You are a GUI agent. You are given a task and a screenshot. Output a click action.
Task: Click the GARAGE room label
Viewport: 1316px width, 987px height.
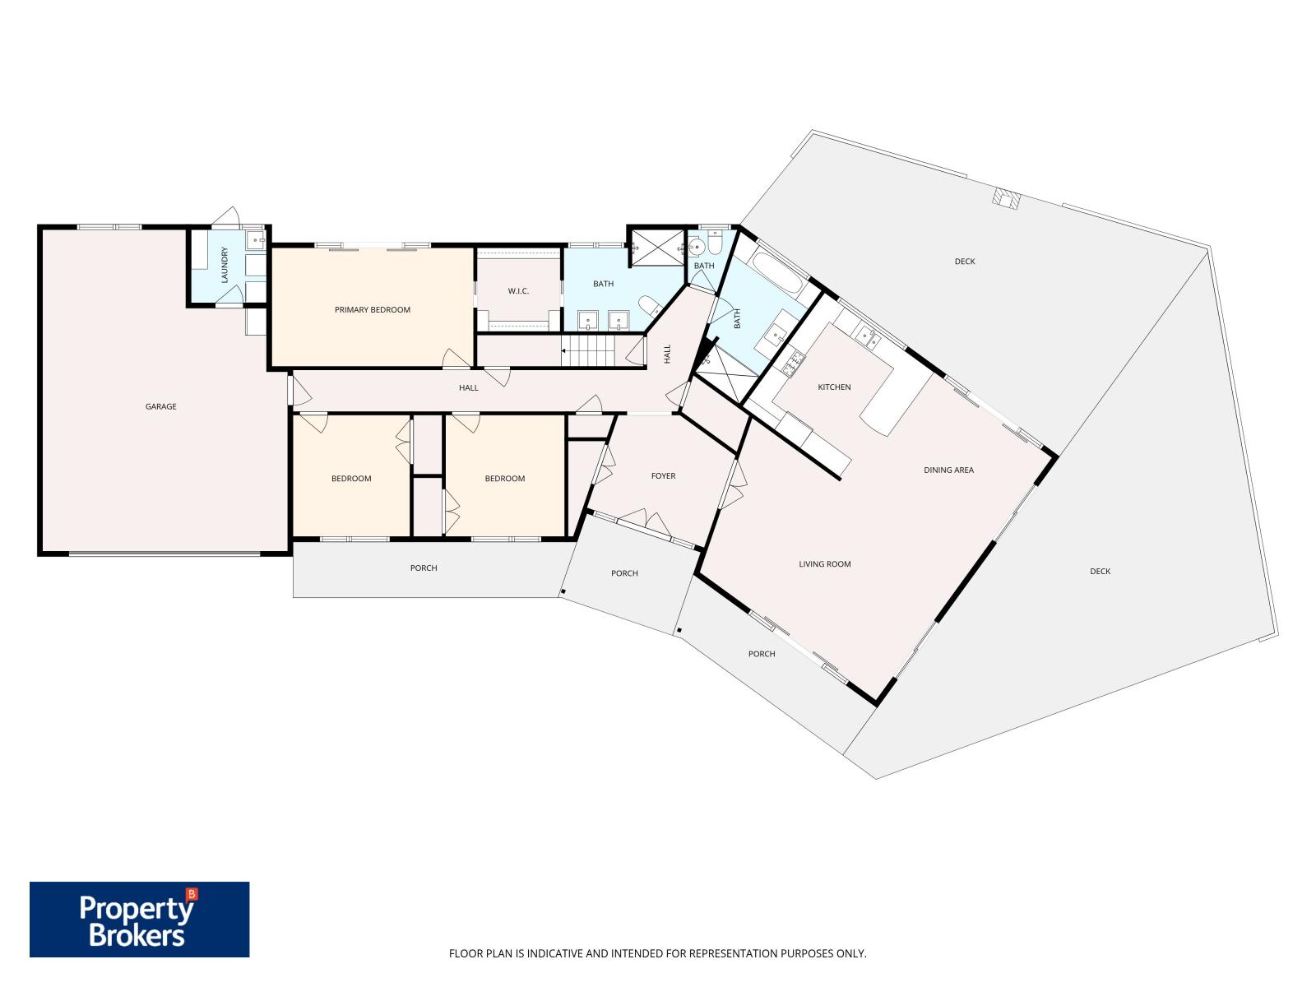(160, 406)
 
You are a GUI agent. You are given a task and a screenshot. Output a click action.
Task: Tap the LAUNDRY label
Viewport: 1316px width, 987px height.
(225, 264)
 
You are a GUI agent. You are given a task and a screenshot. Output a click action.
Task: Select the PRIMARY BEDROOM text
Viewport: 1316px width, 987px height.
(373, 310)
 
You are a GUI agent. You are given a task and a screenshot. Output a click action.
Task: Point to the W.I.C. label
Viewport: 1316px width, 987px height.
(518, 291)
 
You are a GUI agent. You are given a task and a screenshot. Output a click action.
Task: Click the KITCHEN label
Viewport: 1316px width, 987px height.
(834, 387)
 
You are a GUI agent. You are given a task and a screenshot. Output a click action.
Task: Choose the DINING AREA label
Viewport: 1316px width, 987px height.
(948, 470)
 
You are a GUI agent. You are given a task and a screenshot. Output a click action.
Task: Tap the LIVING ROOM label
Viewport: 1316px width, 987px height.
(824, 564)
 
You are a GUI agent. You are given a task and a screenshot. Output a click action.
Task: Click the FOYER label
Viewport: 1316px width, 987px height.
(663, 476)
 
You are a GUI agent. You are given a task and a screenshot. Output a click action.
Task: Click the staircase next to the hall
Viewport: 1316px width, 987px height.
(588, 350)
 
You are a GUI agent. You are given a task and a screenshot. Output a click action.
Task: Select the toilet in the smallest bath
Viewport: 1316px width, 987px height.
(716, 242)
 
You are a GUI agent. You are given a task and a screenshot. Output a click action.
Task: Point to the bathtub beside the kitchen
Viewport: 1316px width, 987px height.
(777, 273)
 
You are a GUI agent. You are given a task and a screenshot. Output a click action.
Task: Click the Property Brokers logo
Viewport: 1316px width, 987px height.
(139, 919)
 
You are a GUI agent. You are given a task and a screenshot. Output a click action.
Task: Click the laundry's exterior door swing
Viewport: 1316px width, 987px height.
(227, 217)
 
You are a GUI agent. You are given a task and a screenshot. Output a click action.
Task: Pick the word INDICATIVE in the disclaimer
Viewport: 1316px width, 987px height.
(554, 952)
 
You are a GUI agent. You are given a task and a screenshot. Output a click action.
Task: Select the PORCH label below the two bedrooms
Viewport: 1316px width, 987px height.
(424, 568)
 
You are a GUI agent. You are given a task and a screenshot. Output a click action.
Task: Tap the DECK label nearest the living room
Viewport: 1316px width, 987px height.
(1101, 572)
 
